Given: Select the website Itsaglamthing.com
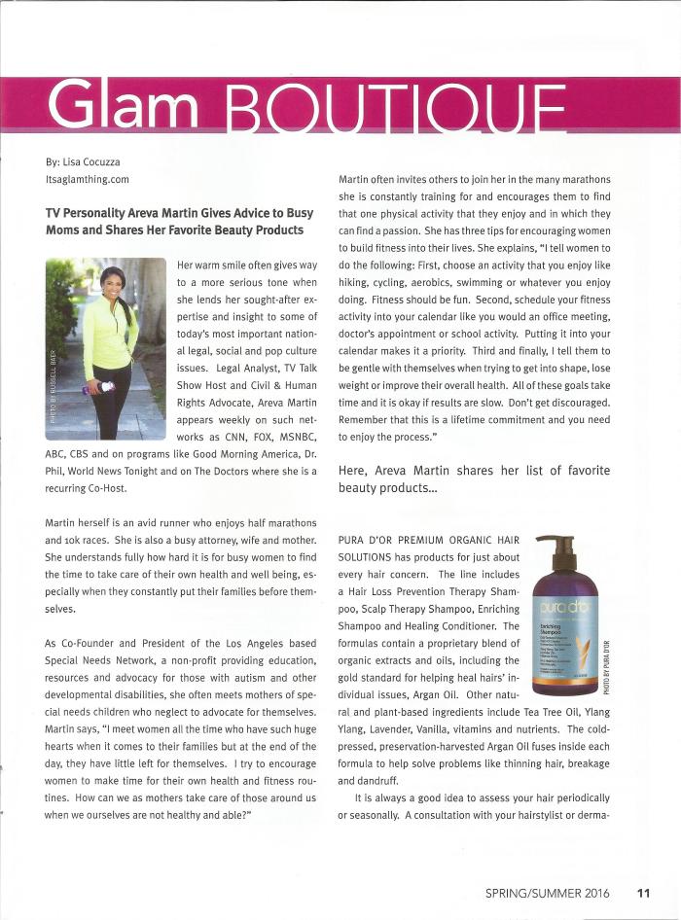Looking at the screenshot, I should (88, 179).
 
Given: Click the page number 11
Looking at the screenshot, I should (644, 892).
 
